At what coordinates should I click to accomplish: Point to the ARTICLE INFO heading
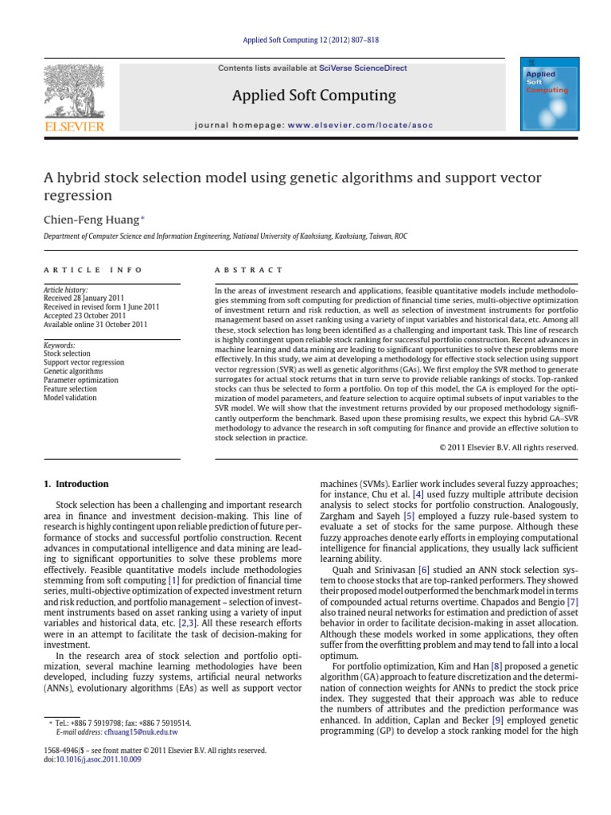point(93,270)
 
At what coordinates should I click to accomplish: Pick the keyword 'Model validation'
point(69,397)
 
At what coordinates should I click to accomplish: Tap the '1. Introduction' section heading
point(76,484)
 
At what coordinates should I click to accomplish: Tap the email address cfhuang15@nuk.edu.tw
point(141,731)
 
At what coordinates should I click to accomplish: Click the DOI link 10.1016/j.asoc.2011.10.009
point(95,759)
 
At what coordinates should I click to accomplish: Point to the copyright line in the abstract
point(508,447)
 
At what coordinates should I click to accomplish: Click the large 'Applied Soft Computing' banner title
point(313,96)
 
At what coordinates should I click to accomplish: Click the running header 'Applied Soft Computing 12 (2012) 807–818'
point(305,41)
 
